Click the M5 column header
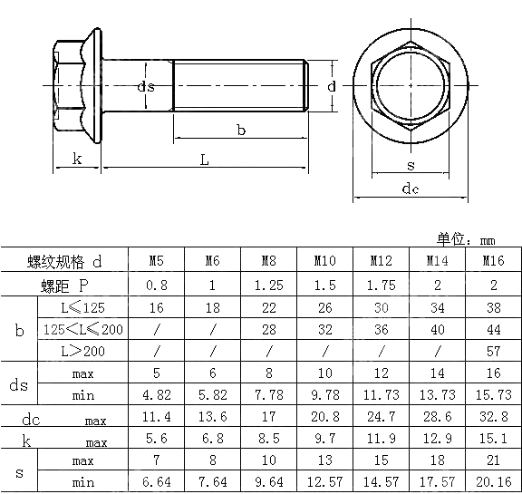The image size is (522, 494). [x=156, y=261]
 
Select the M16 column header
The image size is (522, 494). [x=493, y=261]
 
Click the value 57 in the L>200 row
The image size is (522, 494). [x=493, y=350]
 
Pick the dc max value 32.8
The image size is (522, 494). [x=493, y=418]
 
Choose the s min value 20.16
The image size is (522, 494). [x=493, y=481]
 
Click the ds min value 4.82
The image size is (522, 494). [x=156, y=395]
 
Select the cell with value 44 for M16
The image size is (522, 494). [x=493, y=328]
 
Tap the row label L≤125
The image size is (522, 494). [x=82, y=306]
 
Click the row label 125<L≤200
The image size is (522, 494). [x=82, y=328]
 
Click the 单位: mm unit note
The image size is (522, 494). [x=466, y=239]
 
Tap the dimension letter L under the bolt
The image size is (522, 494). [x=205, y=160]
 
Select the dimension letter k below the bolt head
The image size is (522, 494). [x=77, y=160]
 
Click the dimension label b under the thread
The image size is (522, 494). [x=241, y=131]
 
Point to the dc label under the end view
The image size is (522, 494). [x=411, y=189]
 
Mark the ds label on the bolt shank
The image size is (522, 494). [x=145, y=86]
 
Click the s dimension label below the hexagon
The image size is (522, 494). [x=411, y=165]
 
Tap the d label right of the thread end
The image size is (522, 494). [x=332, y=86]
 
